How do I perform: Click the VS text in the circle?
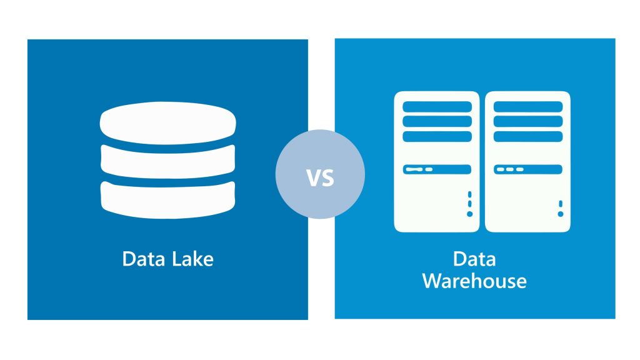(x=320, y=178)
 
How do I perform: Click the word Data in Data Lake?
(x=142, y=258)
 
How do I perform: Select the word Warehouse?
(x=474, y=280)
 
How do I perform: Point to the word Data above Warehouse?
(x=474, y=258)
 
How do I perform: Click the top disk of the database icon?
(x=167, y=122)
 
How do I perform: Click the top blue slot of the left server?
(x=437, y=107)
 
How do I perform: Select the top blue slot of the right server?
(x=528, y=107)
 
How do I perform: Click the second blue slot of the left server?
(x=437, y=121)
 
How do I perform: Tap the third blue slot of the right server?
(x=528, y=136)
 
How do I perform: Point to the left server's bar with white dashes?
(x=437, y=169)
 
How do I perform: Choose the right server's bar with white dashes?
(x=528, y=169)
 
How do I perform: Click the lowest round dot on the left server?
(x=469, y=214)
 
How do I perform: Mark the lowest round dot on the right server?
(x=561, y=214)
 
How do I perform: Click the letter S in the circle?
(x=328, y=178)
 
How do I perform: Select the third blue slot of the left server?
(x=437, y=136)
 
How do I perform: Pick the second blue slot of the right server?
(x=528, y=121)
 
